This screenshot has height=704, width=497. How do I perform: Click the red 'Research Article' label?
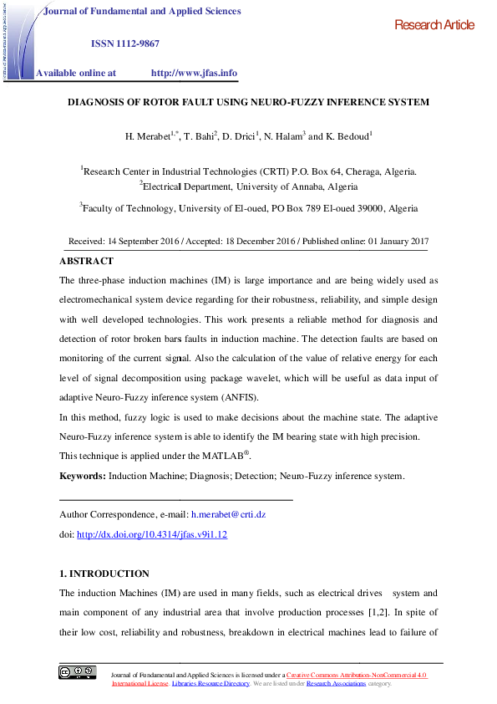point(434,25)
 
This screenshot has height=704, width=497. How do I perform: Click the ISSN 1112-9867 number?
point(124,43)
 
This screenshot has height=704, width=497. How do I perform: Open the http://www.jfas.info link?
point(194,73)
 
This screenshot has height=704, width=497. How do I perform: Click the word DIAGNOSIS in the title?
point(98,102)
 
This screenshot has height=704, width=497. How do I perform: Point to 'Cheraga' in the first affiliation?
point(364,171)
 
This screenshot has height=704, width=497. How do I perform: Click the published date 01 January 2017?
point(384,241)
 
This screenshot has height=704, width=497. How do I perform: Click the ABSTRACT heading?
point(86,261)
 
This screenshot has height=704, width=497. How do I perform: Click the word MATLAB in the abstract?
point(221,457)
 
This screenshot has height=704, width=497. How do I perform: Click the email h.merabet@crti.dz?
point(228,514)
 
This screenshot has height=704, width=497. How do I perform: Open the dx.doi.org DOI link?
point(152,533)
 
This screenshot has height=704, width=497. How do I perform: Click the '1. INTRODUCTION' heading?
point(104,574)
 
